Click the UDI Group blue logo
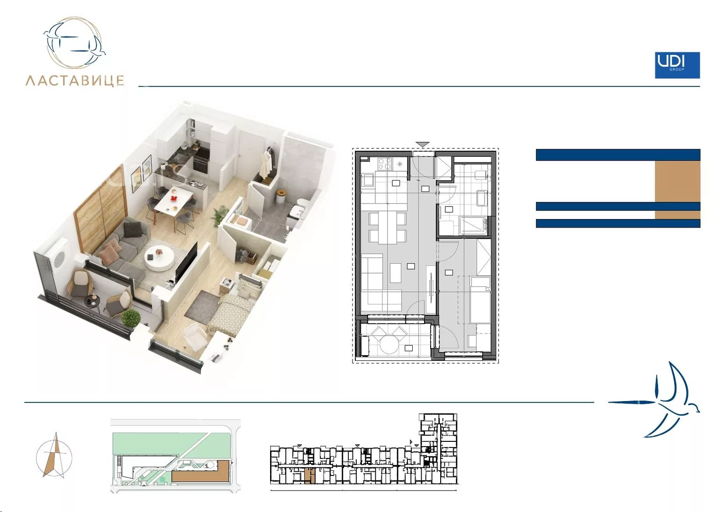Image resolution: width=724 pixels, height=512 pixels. (677, 65)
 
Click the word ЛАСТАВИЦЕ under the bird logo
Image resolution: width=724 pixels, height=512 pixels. (75, 81)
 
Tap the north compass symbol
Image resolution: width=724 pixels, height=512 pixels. (54, 456)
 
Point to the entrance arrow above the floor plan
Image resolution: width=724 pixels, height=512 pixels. (423, 144)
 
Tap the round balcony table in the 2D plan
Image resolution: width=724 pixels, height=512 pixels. (390, 344)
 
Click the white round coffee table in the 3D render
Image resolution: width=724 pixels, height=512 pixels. (159, 257)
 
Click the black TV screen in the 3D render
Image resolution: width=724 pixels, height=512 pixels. (186, 262)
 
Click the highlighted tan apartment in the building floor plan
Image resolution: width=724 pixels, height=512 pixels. (309, 476)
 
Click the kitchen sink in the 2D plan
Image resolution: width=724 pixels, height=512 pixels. (368, 180)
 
